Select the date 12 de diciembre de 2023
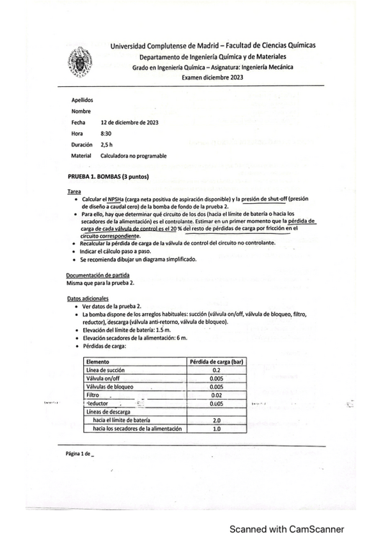click(130, 121)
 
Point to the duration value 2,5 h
click(106, 144)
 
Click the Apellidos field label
click(82, 100)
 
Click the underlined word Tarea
click(74, 191)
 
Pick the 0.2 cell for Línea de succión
click(215, 370)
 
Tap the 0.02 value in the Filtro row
click(215, 395)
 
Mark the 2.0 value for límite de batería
click(216, 421)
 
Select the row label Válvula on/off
click(103, 378)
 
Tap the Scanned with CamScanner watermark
click(287, 529)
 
